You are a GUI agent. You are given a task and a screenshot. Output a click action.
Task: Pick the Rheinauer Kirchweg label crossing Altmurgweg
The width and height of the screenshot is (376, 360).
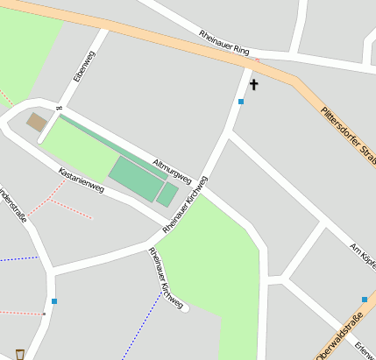185,206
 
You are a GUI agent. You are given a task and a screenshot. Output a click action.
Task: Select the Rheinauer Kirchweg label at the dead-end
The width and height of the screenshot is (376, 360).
166,278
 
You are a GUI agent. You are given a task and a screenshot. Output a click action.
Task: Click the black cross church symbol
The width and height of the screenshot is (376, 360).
255,85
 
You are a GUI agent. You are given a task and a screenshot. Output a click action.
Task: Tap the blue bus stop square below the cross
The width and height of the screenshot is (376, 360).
241,102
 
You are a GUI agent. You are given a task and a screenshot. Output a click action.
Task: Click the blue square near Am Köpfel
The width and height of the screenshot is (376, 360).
365,300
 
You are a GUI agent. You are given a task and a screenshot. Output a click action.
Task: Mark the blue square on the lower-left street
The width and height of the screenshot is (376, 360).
54,301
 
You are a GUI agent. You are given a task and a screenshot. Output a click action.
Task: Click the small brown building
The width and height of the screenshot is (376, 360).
37,122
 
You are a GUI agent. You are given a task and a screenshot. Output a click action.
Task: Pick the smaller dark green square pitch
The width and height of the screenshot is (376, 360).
167,194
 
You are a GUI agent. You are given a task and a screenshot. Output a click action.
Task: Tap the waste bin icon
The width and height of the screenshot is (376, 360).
19,354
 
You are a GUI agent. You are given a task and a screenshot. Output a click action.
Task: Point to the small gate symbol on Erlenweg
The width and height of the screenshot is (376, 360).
60,109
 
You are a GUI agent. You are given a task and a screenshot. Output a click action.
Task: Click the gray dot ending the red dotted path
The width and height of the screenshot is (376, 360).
44,314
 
